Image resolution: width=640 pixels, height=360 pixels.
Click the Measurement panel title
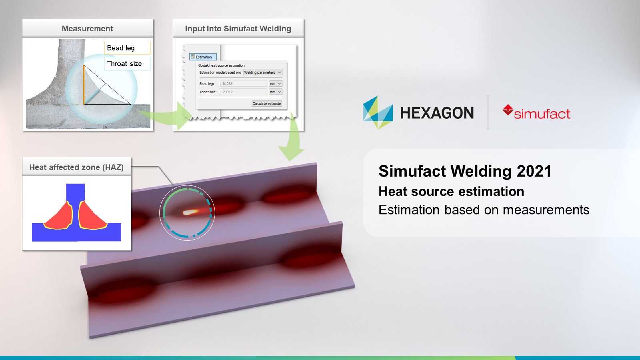[88, 28]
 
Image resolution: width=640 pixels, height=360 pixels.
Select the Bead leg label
[121, 48]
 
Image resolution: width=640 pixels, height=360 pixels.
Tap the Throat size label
[124, 64]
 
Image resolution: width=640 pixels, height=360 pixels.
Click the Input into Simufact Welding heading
[238, 28]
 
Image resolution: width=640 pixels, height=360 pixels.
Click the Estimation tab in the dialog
[203, 57]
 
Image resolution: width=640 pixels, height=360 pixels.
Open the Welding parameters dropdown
[263, 72]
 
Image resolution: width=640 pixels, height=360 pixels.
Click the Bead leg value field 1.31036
[242, 84]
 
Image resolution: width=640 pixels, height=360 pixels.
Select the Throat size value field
[242, 92]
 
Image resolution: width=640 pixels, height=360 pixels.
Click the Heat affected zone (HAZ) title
[76, 167]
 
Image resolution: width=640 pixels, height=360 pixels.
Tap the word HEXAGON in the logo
[437, 113]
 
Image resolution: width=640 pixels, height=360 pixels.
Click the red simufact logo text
[542, 114]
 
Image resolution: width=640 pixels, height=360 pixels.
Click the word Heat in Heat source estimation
[393, 192]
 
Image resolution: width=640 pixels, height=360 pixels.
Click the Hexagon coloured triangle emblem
[378, 112]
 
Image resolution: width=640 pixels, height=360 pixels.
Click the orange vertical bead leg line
[84, 85]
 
